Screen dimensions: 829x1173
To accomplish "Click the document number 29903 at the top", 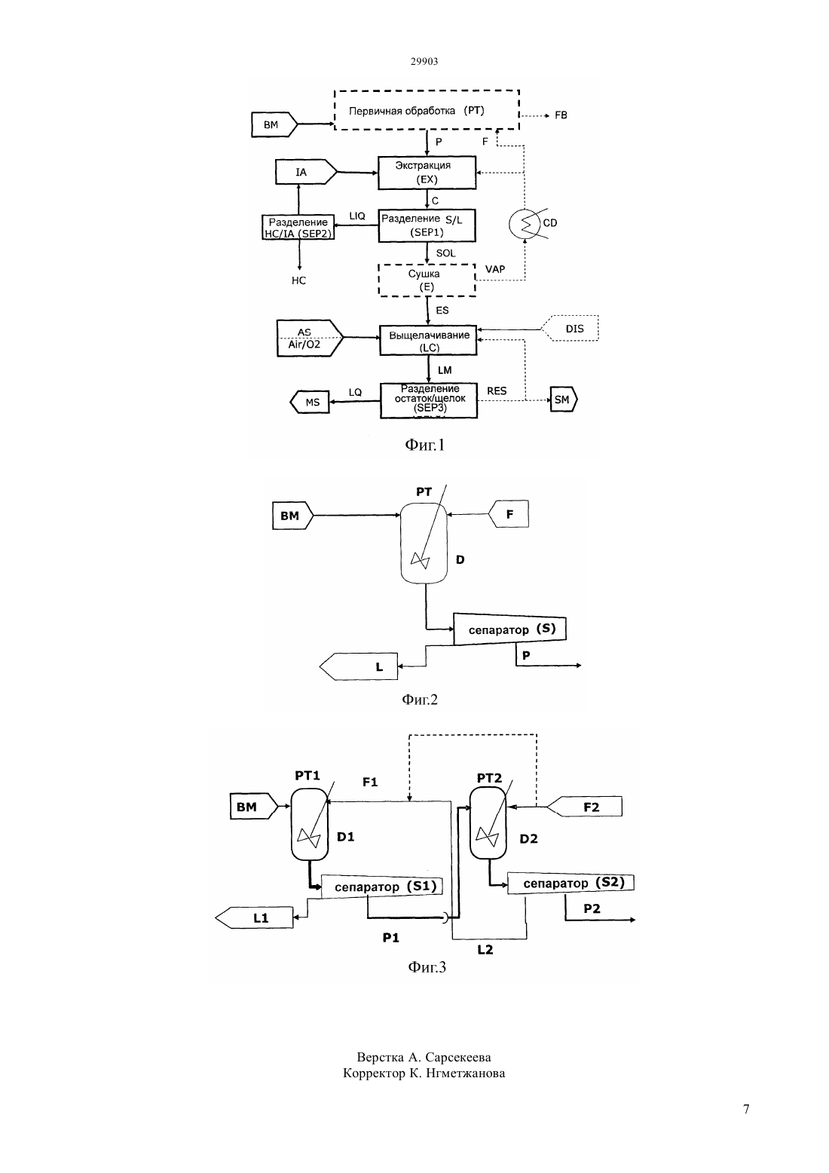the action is pos(424,61).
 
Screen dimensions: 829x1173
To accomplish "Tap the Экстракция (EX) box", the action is pos(427,173).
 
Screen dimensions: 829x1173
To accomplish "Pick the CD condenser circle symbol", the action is pos(525,224).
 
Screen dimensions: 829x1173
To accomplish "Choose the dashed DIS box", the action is pos(570,329).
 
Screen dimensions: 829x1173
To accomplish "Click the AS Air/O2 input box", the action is pos(310,338).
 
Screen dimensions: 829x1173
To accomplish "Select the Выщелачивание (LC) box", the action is pos(428,341).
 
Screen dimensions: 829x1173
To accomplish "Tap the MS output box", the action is pos(310,402).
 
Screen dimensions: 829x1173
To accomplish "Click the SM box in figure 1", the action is pos(563,400).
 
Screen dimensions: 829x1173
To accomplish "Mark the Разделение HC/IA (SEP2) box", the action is pos(298,227).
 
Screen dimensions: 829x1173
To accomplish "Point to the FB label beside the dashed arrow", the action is pos(561,115).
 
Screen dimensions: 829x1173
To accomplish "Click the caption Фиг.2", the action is pos(420,700).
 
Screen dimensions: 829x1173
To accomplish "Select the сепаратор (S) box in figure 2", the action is pos(509,629).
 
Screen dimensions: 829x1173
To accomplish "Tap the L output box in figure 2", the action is pos(359,666).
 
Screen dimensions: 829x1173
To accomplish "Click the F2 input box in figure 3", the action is pos(585,807).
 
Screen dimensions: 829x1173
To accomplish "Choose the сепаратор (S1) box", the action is pos(382,887).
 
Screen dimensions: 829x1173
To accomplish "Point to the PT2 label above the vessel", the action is pos(489,778).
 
